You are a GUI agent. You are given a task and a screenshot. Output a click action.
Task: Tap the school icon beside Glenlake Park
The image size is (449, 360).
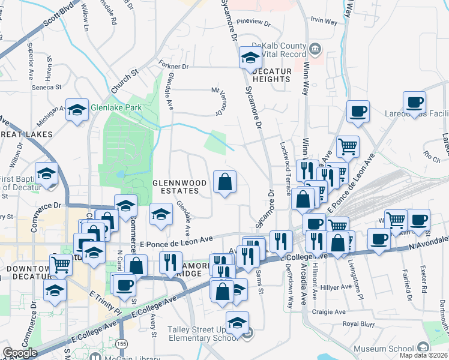click(77, 110)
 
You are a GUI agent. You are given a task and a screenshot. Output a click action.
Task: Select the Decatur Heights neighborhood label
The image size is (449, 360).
click(271, 74)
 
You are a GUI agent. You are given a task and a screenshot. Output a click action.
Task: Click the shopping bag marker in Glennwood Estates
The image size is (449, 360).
click(224, 182)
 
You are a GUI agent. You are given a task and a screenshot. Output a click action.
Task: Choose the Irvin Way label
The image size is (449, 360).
click(324, 20)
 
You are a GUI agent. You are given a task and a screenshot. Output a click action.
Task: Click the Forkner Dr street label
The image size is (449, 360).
click(174, 65)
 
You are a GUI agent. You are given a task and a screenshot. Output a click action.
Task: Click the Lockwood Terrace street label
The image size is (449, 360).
click(286, 168)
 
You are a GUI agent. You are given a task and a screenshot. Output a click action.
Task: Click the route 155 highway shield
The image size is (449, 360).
click(122, 343)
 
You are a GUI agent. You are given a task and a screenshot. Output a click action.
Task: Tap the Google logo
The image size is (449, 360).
click(20, 353)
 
